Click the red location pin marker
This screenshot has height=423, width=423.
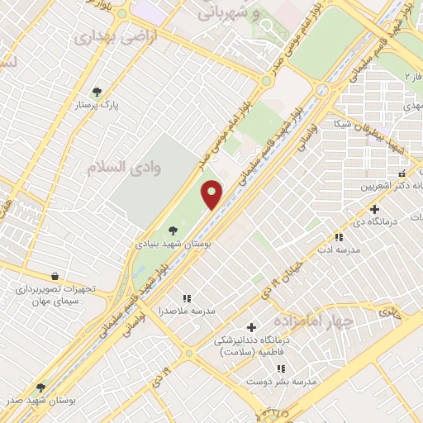point(213,195)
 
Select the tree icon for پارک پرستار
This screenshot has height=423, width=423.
point(97,92)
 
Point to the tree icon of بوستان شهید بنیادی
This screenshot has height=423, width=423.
point(172,231)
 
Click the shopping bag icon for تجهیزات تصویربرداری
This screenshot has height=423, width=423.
point(55,276)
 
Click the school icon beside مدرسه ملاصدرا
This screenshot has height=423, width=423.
point(187,297)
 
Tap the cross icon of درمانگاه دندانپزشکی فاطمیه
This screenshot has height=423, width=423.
point(251,327)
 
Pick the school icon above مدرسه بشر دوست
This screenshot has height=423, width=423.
point(281,368)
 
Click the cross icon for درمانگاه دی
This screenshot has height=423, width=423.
point(374,209)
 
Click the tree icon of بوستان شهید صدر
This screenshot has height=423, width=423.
point(40,387)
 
